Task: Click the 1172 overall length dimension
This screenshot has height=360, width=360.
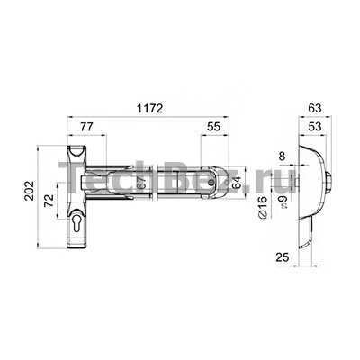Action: click(149, 108)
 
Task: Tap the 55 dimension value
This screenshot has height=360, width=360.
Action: click(214, 127)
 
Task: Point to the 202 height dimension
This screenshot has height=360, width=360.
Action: click(30, 190)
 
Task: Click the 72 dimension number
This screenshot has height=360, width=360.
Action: click(49, 201)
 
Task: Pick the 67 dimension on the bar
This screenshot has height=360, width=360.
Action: click(141, 183)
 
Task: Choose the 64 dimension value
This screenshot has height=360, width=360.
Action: click(237, 183)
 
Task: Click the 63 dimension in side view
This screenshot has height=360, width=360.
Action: click(315, 108)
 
